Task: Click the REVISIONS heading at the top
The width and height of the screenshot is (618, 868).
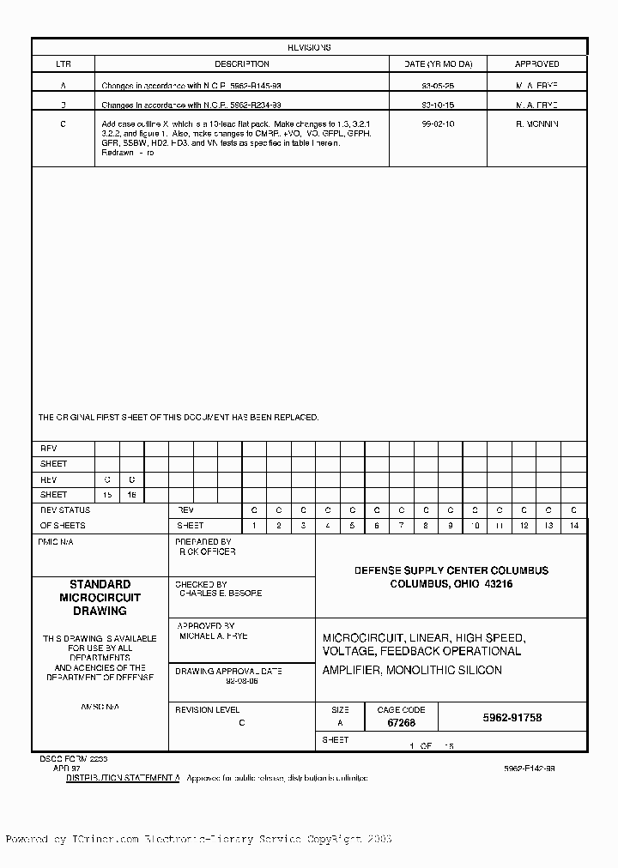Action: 309,48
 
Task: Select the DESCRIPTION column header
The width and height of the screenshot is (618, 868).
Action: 241,64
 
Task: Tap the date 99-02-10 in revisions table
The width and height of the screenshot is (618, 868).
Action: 438,124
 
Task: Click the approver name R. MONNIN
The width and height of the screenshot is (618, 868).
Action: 536,124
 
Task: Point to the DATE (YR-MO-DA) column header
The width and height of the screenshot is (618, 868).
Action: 438,64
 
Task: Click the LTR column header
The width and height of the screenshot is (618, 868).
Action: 64,64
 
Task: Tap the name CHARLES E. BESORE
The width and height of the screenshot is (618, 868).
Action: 221,594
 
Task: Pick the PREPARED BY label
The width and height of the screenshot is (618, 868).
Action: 203,542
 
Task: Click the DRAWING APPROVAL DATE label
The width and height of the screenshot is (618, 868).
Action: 228,671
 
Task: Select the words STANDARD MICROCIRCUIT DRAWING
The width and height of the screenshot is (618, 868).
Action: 100,598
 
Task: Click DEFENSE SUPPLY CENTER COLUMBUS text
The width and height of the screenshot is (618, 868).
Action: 451,570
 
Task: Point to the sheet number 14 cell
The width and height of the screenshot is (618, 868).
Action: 574,525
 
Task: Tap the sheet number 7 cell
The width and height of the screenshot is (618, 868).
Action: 401,525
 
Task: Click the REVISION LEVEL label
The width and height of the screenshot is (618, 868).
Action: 207,710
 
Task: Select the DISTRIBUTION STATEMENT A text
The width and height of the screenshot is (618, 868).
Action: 124,778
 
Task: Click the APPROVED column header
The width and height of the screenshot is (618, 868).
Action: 536,64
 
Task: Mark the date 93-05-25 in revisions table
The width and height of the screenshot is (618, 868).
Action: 438,86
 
